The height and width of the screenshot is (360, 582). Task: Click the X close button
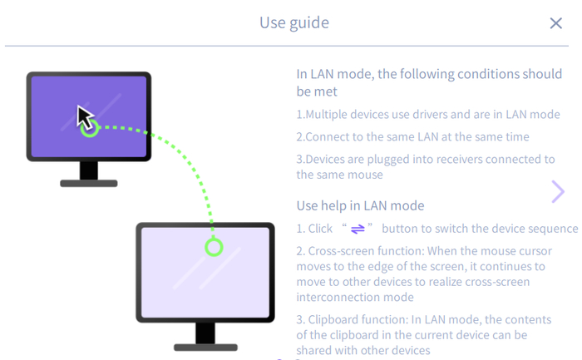click(x=556, y=23)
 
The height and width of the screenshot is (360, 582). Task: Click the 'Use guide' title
click(x=294, y=22)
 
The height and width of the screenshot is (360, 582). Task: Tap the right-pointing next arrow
click(x=558, y=192)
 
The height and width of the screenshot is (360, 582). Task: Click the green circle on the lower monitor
click(x=214, y=247)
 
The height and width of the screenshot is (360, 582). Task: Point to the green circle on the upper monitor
click(x=90, y=128)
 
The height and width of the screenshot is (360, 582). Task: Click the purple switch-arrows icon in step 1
click(x=358, y=229)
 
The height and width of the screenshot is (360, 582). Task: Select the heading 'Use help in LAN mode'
click(x=360, y=205)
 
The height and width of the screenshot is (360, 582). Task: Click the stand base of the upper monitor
click(x=89, y=183)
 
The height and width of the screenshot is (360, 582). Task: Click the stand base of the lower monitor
click(x=205, y=346)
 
